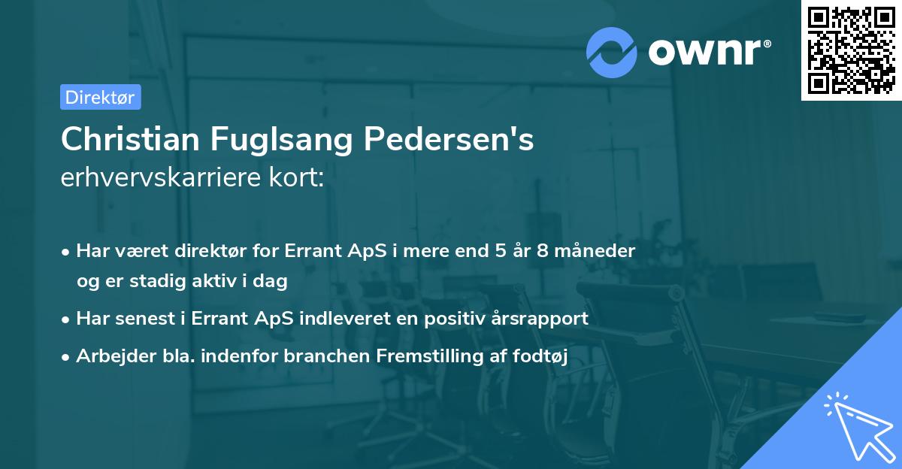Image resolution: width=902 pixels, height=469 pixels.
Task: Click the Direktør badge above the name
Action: [100, 97]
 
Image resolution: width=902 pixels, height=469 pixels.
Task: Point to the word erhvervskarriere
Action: [160, 178]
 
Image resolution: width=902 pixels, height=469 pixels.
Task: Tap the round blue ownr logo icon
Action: [613, 52]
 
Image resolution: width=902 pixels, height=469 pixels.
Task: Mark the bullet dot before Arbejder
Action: [67, 358]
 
